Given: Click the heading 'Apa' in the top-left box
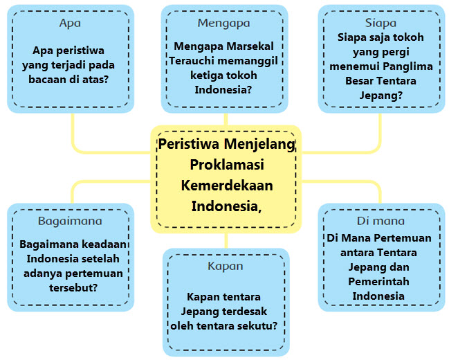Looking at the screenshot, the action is coord(70,23).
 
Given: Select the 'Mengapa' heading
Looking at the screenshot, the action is coord(223,23).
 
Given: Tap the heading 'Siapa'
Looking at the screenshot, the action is coord(380,23).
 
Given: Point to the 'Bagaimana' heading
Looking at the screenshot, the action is coord(70,221).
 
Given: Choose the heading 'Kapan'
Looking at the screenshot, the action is coord(226,266).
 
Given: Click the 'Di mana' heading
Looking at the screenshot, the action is coord(380,221).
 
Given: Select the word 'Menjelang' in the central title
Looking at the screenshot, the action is coord(261,145).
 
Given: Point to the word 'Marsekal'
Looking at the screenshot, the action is coord(251,46).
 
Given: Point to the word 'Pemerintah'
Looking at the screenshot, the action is coord(380,281).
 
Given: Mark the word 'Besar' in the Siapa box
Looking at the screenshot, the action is coord(360,80).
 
